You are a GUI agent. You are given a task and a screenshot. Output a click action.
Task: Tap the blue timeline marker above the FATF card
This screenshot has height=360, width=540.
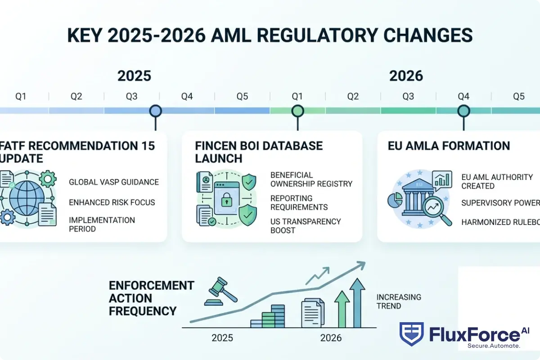click(155, 111)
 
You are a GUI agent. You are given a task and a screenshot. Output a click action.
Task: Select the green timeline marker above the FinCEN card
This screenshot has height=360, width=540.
click(297, 111)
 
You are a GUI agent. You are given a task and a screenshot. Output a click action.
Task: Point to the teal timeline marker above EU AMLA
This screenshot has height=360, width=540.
click(463, 111)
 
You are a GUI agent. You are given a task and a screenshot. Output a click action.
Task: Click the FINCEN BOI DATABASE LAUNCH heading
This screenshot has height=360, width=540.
click(259, 152)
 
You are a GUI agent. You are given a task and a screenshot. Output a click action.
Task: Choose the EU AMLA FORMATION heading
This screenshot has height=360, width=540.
click(449, 146)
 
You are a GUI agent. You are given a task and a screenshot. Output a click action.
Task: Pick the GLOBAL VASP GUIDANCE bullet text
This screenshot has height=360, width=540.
click(114, 182)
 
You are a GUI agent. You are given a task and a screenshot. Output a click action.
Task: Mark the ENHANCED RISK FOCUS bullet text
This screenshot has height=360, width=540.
click(112, 202)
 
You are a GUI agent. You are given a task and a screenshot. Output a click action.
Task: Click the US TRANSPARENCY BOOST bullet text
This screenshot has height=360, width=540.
click(306, 226)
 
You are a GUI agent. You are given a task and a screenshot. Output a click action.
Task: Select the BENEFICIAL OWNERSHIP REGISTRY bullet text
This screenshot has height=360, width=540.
click(311, 179)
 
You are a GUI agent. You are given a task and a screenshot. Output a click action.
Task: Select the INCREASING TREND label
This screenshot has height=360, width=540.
click(398, 301)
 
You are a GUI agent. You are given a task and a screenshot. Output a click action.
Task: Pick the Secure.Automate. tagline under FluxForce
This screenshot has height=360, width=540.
click(494, 346)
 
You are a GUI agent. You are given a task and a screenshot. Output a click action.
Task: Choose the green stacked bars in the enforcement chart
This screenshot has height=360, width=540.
click(269, 316)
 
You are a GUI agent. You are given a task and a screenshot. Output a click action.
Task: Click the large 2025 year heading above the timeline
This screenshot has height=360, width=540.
click(134, 76)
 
